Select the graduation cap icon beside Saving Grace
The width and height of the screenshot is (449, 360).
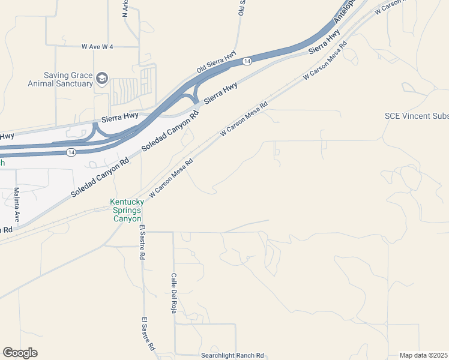pos(102,79)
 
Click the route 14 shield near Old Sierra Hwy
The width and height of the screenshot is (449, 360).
pos(247,61)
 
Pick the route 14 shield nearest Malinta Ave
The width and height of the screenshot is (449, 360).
pos(71,152)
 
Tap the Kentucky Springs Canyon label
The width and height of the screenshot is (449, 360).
pos(126,211)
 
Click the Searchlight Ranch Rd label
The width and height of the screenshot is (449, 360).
pos(233,355)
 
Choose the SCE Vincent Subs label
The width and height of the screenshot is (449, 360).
pos(417,116)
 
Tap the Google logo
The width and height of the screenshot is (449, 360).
pos(20,353)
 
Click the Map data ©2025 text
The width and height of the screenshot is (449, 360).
pos(424,355)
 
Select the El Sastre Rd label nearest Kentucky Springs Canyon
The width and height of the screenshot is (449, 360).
pos(142,242)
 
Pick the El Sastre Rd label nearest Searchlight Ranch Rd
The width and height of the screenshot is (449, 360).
pos(148,334)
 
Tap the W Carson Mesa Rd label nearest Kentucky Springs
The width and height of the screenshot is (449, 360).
pos(172,179)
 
